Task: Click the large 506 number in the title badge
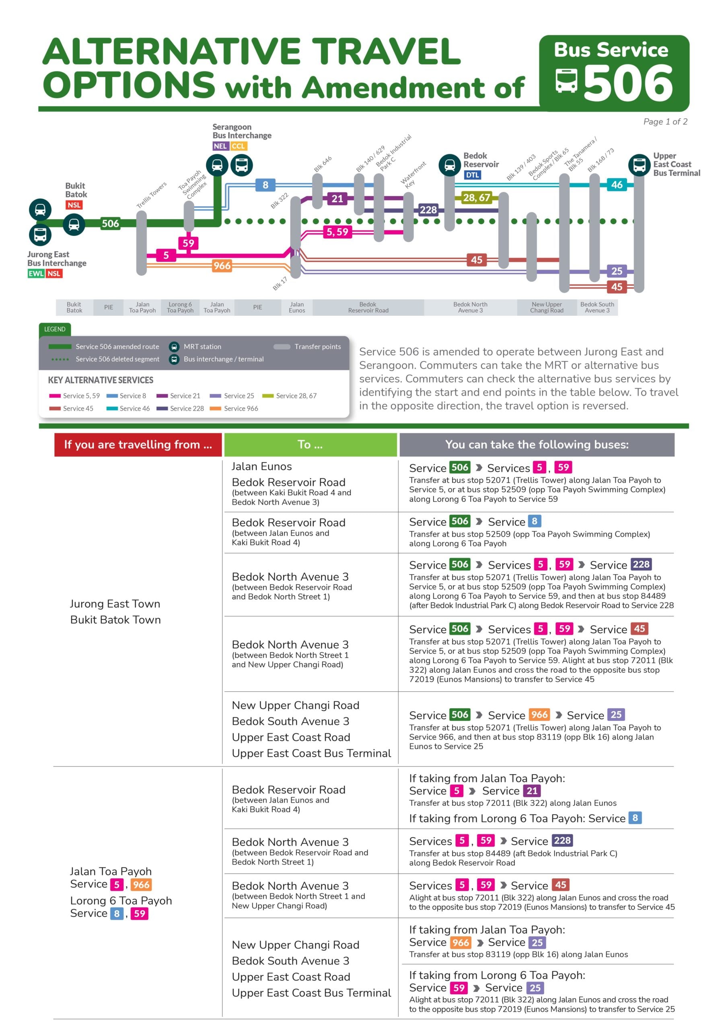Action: [x=628, y=83]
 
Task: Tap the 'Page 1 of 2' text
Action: [x=665, y=122]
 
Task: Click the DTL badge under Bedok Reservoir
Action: [x=472, y=175]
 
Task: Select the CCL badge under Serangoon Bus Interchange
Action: [x=239, y=146]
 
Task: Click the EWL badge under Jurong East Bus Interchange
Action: [x=36, y=274]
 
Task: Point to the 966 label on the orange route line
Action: [x=222, y=266]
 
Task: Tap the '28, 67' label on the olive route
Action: [x=476, y=198]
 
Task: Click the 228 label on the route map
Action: [x=428, y=210]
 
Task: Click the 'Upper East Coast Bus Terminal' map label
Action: [x=677, y=164]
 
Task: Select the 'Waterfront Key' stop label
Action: [x=413, y=175]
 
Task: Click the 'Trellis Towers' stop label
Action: [x=152, y=194]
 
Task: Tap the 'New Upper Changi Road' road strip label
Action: [x=546, y=307]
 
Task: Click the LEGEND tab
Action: [x=55, y=329]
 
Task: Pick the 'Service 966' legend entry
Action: [x=234, y=408]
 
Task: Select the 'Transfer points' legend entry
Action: [x=307, y=346]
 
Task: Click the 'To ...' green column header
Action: [x=311, y=445]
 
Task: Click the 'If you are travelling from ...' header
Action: [x=138, y=445]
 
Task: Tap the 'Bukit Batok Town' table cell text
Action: [x=115, y=620]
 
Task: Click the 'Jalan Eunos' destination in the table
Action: [x=261, y=467]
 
